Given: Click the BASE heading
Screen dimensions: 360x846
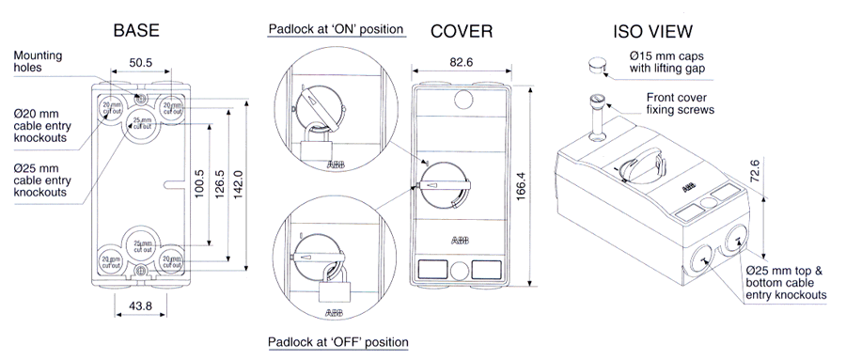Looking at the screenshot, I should click(135, 30).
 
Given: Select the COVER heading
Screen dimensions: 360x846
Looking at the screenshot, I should click(462, 30).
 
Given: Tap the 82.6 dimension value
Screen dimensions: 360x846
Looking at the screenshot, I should click(460, 64).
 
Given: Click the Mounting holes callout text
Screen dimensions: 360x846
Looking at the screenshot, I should click(38, 62).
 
